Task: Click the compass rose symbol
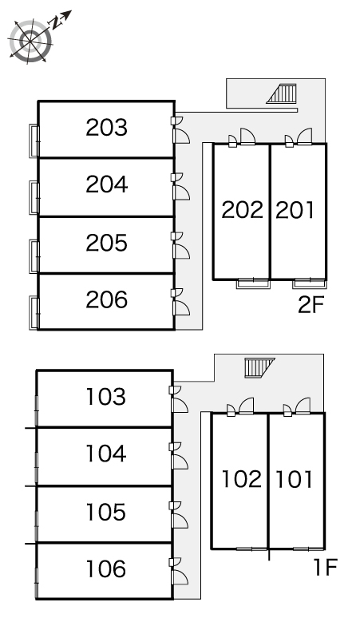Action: click(30, 40)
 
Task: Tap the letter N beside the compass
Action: click(57, 23)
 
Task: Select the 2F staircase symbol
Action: click(281, 93)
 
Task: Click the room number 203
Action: click(107, 128)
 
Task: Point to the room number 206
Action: click(107, 299)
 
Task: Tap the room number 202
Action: click(242, 210)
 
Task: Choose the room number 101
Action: click(294, 479)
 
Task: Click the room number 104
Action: click(106, 454)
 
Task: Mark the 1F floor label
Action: click(326, 567)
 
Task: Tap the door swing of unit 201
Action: click(304, 137)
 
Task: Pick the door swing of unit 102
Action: click(246, 406)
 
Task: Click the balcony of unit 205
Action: click(34, 256)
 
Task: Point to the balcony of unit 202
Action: click(253, 283)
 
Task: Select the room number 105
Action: click(106, 512)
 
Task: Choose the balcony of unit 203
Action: click(34, 141)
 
